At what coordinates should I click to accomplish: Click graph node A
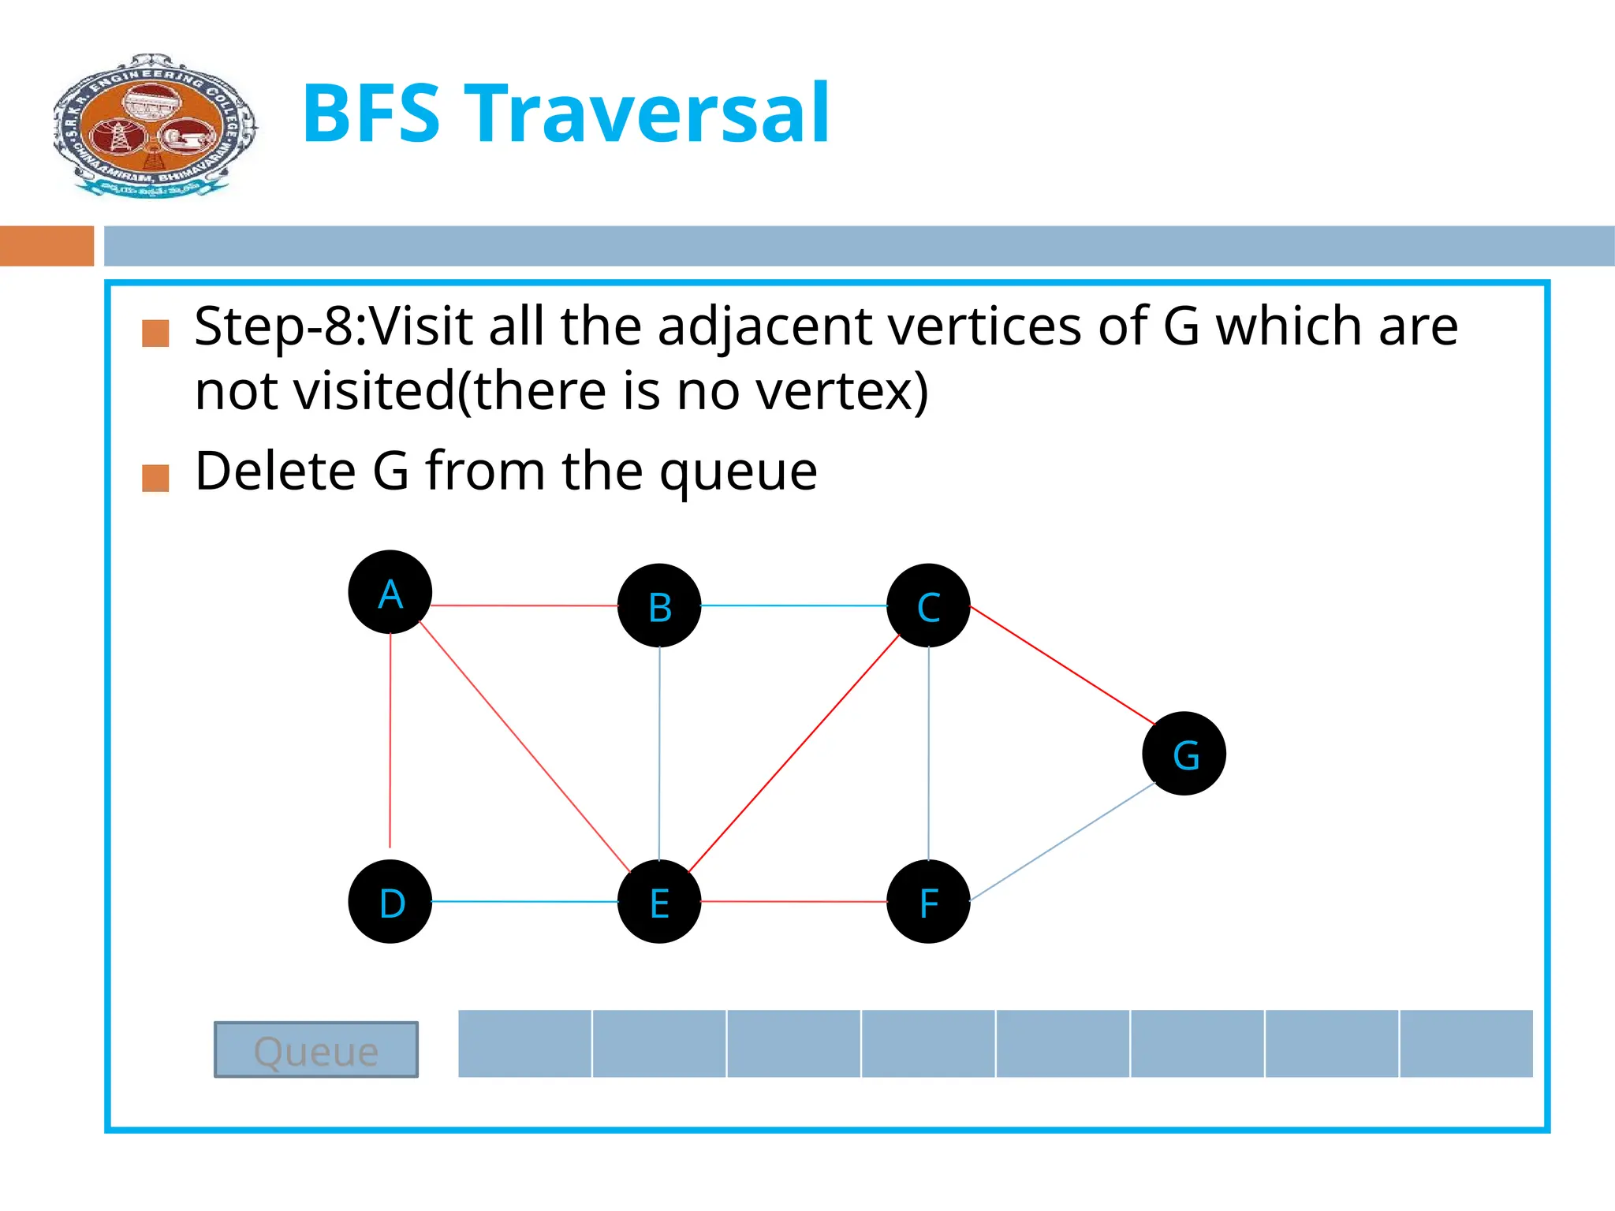(390, 592)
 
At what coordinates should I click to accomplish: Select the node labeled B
(659, 605)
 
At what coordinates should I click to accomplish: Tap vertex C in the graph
(928, 605)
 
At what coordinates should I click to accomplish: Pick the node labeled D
(390, 901)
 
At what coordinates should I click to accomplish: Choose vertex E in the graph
(659, 901)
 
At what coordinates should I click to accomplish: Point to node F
(928, 901)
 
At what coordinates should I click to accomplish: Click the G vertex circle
(1184, 754)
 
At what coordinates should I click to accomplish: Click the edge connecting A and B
(524, 605)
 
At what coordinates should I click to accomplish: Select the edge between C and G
(1062, 665)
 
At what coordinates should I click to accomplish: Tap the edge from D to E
(524, 901)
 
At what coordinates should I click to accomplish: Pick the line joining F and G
(1062, 841)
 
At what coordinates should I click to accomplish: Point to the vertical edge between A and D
(390, 741)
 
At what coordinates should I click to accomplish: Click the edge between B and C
(793, 605)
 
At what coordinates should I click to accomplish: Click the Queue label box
(316, 1049)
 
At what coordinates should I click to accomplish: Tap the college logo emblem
(155, 125)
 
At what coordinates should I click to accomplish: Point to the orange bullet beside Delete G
(155, 478)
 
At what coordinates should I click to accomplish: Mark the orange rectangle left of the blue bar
(47, 246)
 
